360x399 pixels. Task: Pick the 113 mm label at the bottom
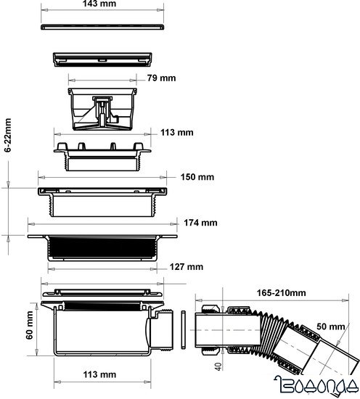point(99,375)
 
